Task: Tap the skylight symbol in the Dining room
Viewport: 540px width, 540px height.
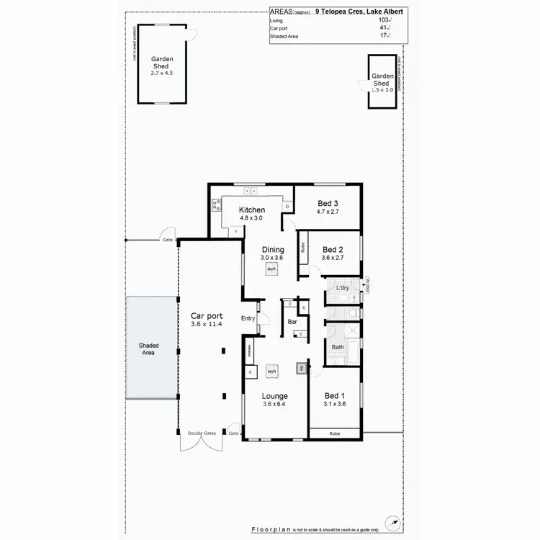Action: [271, 269]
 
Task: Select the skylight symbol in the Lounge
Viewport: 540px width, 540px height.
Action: [271, 371]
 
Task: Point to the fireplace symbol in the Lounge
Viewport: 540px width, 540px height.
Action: [301, 369]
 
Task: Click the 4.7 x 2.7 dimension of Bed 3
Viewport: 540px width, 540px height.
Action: [327, 212]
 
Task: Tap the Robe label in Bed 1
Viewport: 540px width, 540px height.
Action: [335, 434]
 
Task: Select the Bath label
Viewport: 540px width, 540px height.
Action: [338, 347]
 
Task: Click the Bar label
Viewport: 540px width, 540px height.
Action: [293, 322]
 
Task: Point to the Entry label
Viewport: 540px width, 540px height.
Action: [248, 318]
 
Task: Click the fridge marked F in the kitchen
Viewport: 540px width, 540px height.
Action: [237, 231]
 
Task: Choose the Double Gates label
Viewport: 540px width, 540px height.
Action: [202, 433]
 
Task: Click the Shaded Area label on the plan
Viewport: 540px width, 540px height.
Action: [148, 349]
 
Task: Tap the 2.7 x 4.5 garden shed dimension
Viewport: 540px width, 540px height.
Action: [163, 73]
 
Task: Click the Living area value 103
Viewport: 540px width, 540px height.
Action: [383, 20]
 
